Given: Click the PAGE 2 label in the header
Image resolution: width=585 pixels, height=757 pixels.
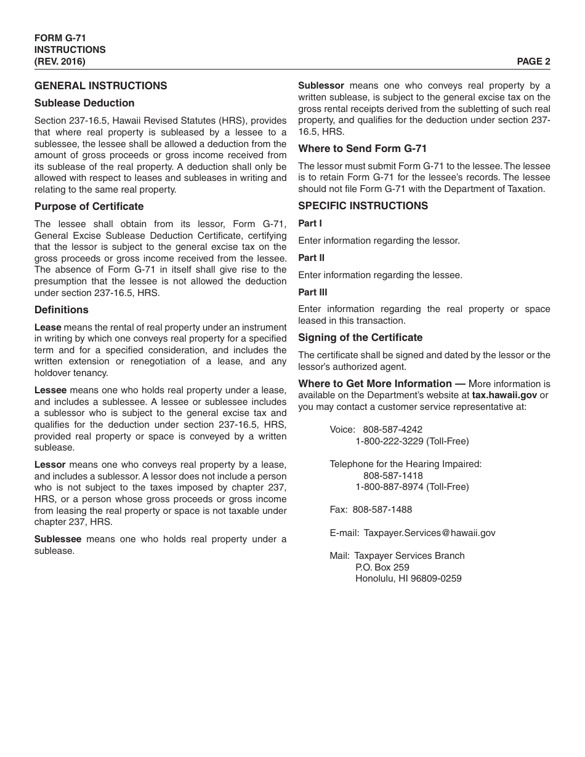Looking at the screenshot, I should tap(533, 61).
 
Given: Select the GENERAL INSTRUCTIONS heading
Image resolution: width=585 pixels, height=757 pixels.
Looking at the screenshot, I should tap(100, 86).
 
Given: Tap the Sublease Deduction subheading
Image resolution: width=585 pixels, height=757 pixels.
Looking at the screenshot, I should tap(84, 103).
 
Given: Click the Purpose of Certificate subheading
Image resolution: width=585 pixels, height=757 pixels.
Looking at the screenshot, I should tap(89, 206).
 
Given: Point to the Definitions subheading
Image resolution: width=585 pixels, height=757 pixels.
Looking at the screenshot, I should tap(61, 310).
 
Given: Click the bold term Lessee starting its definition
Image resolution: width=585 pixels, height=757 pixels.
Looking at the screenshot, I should tap(50, 390).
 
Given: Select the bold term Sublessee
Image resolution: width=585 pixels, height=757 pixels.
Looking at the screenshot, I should tap(57, 539).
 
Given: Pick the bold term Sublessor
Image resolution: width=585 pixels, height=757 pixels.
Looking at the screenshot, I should tap(321, 86).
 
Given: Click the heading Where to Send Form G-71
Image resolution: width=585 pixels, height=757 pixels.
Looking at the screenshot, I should tap(362, 148).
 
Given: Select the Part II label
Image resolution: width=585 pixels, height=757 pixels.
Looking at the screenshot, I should tap(311, 258).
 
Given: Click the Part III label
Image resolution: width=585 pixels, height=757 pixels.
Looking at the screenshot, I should tap(312, 292).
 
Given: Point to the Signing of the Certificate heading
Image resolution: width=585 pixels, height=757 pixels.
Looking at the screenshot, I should tap(360, 337).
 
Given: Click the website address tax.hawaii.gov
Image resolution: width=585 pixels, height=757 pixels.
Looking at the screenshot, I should tap(504, 395).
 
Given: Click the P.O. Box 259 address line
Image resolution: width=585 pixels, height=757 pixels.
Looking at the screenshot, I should tap(382, 567).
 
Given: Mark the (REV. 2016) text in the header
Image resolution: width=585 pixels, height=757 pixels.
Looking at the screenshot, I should tap(60, 61).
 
